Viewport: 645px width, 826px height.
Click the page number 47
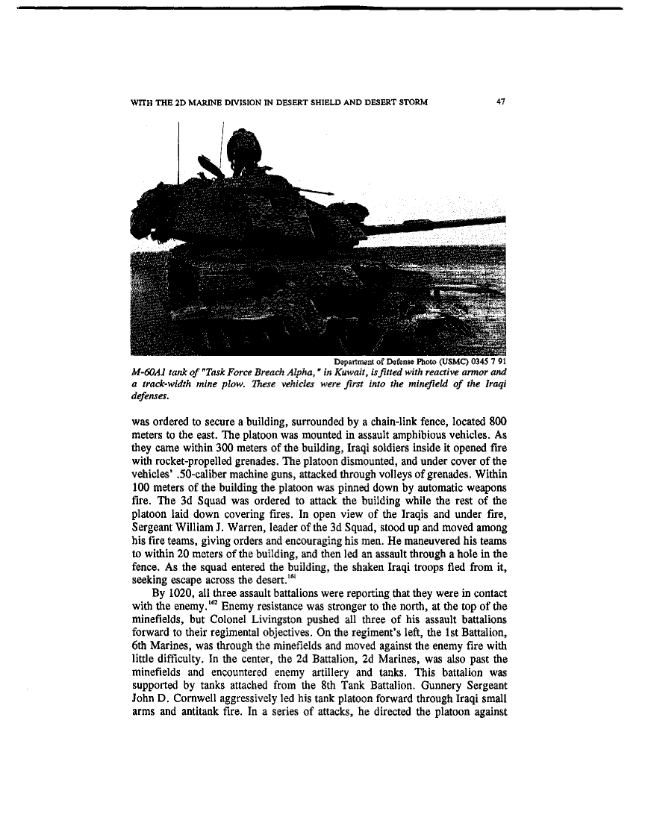pyautogui.click(x=501, y=102)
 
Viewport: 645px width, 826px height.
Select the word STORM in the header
pyautogui.click(x=411, y=102)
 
